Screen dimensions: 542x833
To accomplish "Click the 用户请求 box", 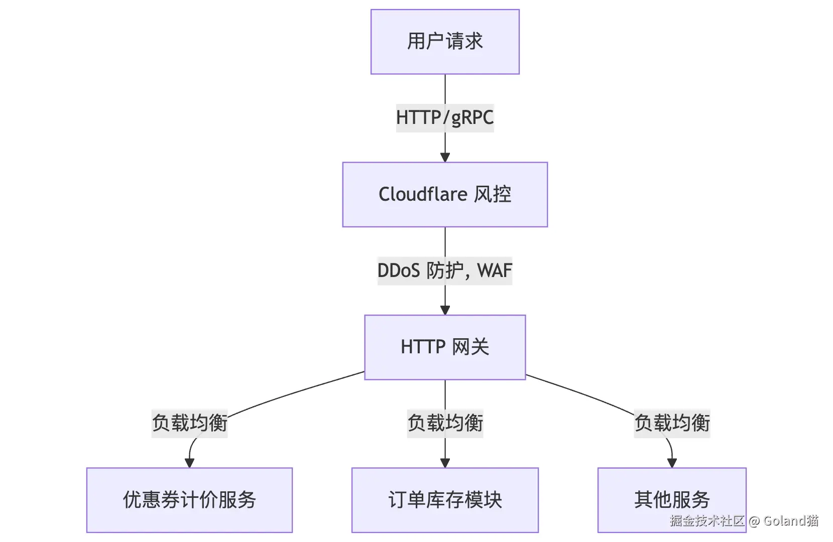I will [x=445, y=42].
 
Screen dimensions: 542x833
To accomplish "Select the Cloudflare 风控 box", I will [x=445, y=194].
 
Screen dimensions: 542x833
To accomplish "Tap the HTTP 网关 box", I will [x=445, y=347].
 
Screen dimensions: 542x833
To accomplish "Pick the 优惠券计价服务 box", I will [x=189, y=500].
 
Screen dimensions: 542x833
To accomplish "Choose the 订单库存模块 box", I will [x=445, y=500].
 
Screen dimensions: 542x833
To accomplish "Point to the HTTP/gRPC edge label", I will [x=445, y=118].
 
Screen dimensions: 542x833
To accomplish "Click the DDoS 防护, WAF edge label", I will [x=445, y=271].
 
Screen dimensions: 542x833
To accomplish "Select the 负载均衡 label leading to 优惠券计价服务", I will [x=189, y=423].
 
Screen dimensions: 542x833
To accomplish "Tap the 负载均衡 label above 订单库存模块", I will [x=445, y=423].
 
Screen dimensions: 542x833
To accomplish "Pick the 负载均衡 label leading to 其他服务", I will [x=672, y=423].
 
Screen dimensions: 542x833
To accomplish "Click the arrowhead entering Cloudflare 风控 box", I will [x=445, y=157].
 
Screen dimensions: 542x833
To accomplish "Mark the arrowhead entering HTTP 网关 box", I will [x=445, y=310].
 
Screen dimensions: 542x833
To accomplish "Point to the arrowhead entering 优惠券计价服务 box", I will [x=189, y=463].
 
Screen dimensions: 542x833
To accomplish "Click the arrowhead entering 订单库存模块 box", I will [x=445, y=463].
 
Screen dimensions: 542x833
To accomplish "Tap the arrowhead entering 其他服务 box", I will [x=672, y=463].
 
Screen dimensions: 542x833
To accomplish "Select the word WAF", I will [x=495, y=271].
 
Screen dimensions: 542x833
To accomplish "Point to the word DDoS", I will [x=398, y=271].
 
